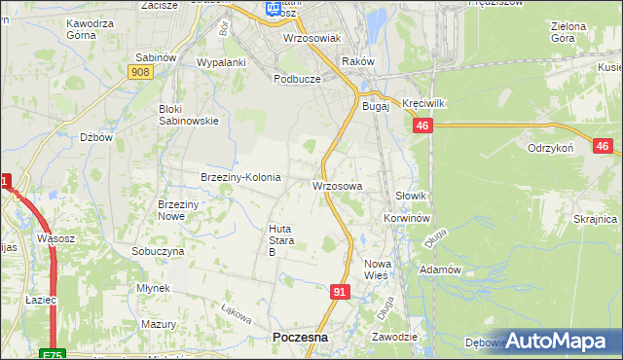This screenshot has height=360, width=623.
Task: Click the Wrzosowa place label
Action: pyautogui.click(x=338, y=185)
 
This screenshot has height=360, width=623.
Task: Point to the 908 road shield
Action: pyautogui.click(x=139, y=71)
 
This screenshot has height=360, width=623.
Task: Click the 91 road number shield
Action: pyautogui.click(x=340, y=291)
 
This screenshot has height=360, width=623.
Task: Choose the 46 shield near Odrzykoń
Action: pyautogui.click(x=602, y=146)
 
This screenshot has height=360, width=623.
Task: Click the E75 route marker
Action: pyautogui.click(x=55, y=354)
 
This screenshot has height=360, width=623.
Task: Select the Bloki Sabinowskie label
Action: pyautogui.click(x=189, y=115)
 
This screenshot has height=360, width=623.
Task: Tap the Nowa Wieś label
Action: pyautogui.click(x=376, y=270)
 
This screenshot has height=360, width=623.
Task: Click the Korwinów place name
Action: pyautogui.click(x=407, y=219)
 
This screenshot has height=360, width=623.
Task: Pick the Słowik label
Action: pyautogui.click(x=412, y=196)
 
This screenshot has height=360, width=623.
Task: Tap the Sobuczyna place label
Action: pyautogui.click(x=158, y=250)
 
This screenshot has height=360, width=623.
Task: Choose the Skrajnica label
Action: pyautogui.click(x=596, y=219)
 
